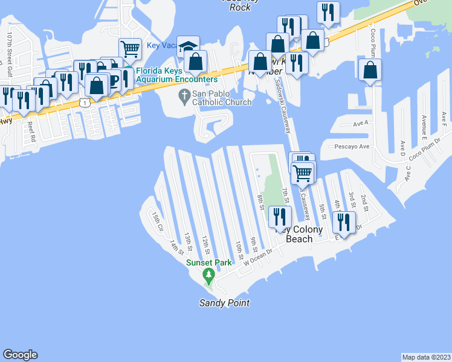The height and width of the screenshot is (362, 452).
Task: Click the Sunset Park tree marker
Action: [209, 277]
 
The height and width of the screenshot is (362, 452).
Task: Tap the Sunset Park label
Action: [209, 263]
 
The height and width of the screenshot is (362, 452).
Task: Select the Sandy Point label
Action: [224, 303]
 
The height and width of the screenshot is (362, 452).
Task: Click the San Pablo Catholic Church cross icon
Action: [184, 95]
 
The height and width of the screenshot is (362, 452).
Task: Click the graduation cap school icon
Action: [189, 47]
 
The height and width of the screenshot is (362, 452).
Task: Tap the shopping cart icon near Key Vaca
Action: [130, 48]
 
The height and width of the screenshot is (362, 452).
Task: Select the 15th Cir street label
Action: [156, 221]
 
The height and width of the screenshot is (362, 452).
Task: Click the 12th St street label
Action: [206, 244]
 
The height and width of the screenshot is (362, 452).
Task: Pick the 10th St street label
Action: [239, 249]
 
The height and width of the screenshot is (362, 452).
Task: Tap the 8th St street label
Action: [261, 202]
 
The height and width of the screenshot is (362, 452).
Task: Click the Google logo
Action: [20, 355]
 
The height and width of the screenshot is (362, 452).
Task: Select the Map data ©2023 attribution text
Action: [426, 357]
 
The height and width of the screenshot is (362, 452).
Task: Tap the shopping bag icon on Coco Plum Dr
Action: [370, 70]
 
